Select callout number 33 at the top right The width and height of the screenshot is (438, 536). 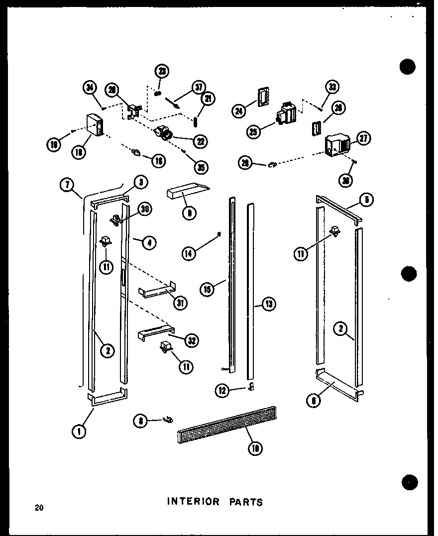pos(332,88)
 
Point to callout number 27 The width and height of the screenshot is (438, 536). pos(363,139)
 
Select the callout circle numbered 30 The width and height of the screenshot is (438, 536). pos(145,209)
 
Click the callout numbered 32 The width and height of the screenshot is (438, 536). pos(191,340)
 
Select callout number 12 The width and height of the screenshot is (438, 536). pos(222,391)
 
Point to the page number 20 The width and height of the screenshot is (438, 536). pos(39,508)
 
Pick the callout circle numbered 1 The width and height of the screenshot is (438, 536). pos(79,431)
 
